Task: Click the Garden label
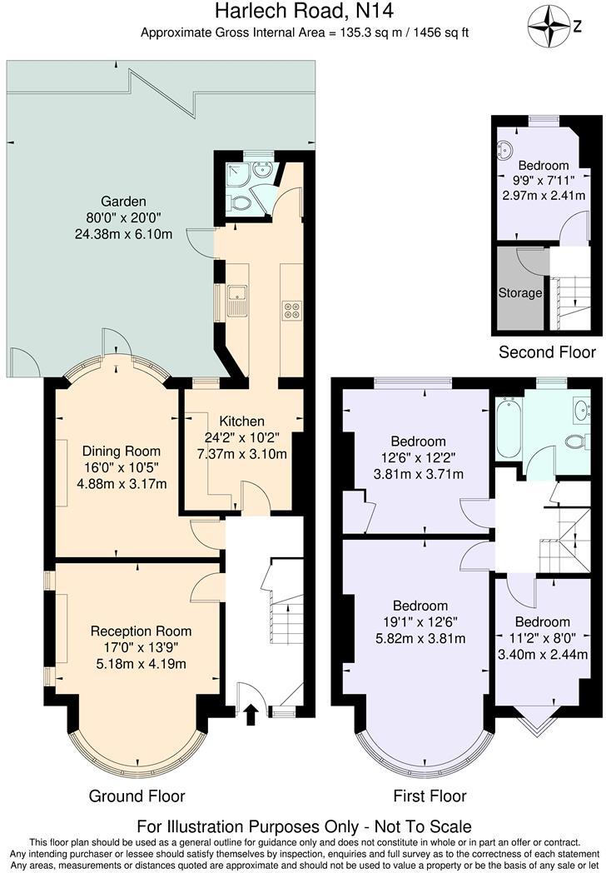tap(123, 202)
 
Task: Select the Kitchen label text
tap(241, 422)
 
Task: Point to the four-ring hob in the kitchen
tap(293, 309)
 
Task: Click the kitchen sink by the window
tap(236, 293)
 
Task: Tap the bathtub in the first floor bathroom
tap(508, 428)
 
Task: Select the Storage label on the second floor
tap(520, 293)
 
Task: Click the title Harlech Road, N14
tap(304, 12)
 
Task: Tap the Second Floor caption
tap(547, 352)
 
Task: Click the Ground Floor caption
tap(137, 796)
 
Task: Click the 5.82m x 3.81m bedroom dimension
tap(420, 639)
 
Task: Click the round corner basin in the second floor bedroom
tap(505, 151)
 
